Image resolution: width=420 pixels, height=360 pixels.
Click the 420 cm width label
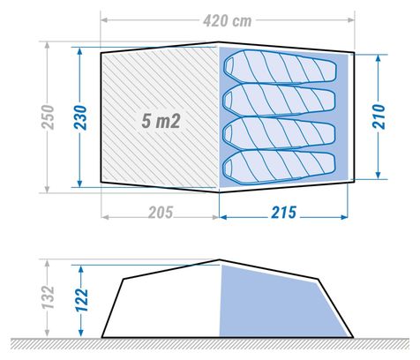click(228, 20)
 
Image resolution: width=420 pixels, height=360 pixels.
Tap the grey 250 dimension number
click(48, 117)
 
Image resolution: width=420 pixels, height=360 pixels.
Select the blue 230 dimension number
click(80, 117)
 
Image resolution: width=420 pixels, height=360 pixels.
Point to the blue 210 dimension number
click(379, 116)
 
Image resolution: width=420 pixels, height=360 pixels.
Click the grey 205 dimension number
click(161, 213)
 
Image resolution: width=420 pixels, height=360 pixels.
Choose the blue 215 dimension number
click(283, 213)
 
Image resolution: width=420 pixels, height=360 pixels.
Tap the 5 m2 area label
click(161, 121)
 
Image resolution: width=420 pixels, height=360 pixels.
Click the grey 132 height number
click(48, 296)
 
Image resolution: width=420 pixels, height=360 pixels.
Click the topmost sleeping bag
click(280, 67)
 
